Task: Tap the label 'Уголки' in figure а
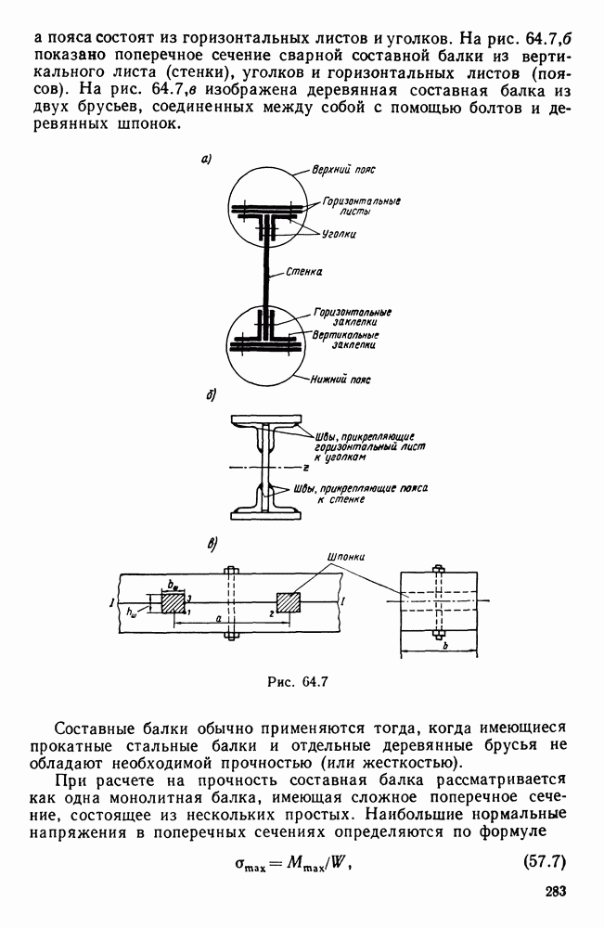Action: (x=341, y=234)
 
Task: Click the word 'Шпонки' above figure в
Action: (x=346, y=558)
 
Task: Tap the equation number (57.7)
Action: (x=539, y=865)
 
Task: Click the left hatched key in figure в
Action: (x=173, y=602)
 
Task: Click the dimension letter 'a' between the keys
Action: (x=217, y=616)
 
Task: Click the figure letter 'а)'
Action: (x=206, y=160)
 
